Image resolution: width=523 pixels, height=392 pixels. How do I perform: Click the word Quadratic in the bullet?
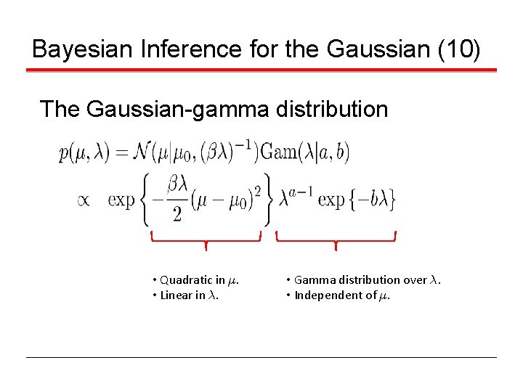coord(182,279)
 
